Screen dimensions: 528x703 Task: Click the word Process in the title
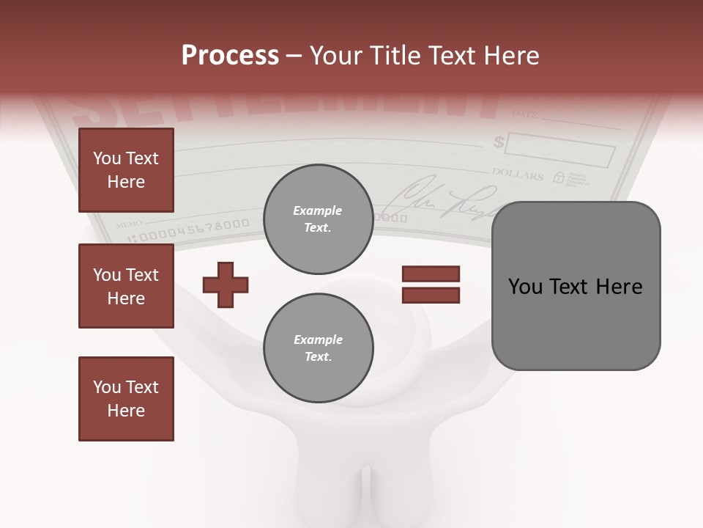click(230, 56)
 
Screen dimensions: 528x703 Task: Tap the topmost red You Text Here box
click(126, 170)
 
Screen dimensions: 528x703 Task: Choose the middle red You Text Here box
click(126, 286)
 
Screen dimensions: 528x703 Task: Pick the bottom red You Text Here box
click(126, 399)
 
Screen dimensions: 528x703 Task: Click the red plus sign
click(226, 285)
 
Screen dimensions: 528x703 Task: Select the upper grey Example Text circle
click(318, 219)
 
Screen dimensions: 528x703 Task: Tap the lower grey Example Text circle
click(318, 348)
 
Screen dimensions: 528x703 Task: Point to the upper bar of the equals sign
click(431, 274)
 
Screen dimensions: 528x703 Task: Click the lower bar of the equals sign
click(431, 295)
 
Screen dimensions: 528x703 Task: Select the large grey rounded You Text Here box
click(576, 286)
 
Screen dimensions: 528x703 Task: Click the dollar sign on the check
click(499, 141)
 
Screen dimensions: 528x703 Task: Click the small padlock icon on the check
click(559, 177)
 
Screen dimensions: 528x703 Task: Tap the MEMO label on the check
click(129, 221)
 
